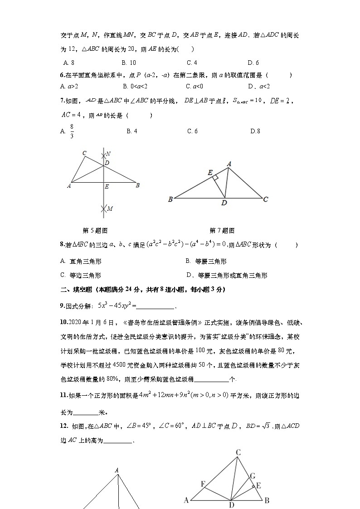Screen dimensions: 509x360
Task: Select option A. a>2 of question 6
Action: pos(69,86)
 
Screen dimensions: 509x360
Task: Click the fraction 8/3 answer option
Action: pos(72,131)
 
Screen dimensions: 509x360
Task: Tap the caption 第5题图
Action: pos(95,230)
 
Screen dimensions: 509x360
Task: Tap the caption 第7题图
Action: pos(222,230)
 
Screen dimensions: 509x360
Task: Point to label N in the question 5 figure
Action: pos(108,154)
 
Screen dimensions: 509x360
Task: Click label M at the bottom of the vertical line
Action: pos(109,208)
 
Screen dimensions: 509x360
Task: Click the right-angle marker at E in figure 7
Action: pos(216,177)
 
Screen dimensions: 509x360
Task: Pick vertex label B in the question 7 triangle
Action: pos(170,199)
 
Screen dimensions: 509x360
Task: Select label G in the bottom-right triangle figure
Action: pos(253,475)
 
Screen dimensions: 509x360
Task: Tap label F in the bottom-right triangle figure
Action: pos(203,484)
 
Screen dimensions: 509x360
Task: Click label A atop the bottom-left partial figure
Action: pos(117,470)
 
